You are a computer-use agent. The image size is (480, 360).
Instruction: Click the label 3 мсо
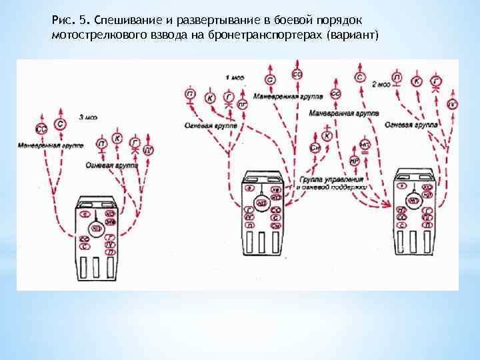88,117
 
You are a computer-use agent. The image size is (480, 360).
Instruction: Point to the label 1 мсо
234,77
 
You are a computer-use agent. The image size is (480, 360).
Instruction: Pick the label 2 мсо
381,84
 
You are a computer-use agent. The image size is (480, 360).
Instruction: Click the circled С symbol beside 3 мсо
61,125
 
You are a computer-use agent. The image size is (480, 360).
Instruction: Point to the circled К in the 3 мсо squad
117,138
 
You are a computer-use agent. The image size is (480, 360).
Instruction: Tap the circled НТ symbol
365,142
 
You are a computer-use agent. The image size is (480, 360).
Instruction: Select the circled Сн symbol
315,148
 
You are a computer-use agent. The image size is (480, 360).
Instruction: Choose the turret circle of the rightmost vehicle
415,199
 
